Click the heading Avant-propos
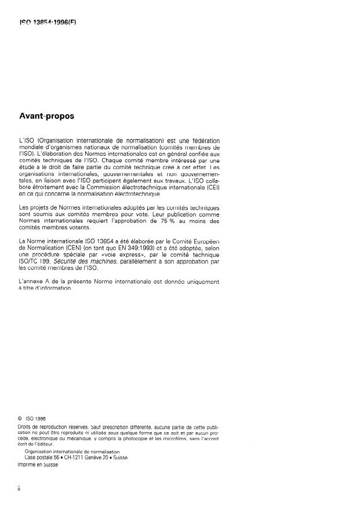click(x=47, y=116)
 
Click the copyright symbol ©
click(x=21, y=418)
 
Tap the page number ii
click(x=21, y=489)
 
